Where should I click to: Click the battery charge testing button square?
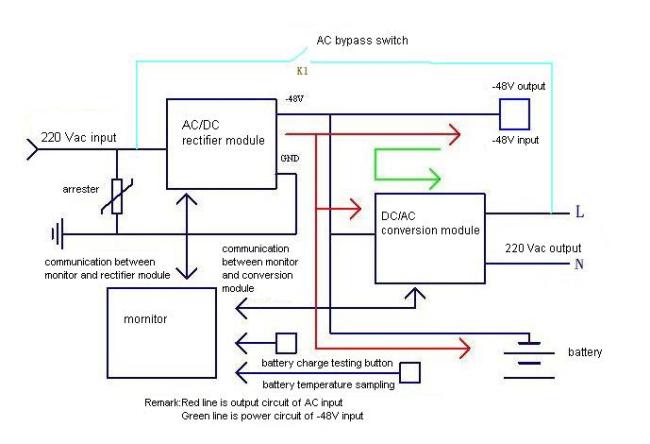click(286, 342)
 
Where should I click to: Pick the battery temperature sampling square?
click(409, 371)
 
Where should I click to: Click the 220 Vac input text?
click(81, 136)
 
